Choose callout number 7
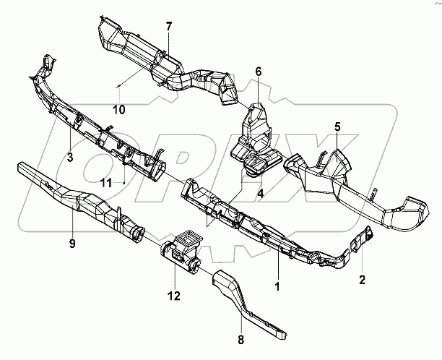(169, 27)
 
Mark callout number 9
(72, 244)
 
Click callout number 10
(118, 109)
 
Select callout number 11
(106, 182)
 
